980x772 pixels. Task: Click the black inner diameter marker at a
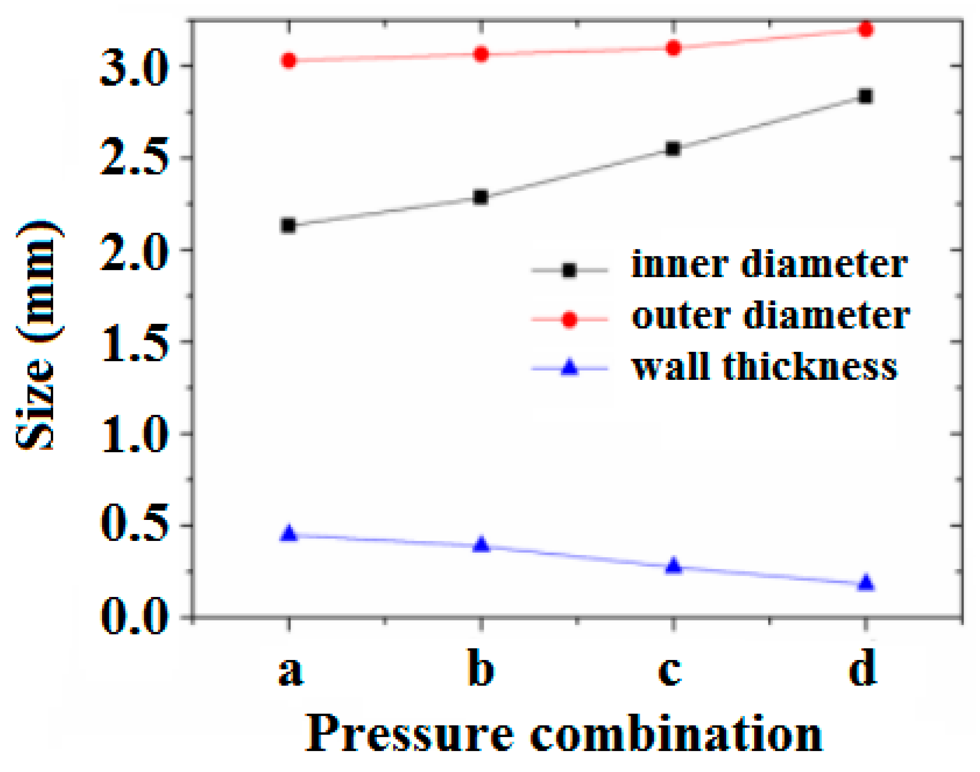pyautogui.click(x=288, y=225)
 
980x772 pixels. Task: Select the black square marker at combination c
pyautogui.click(x=673, y=149)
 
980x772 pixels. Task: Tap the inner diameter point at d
pyautogui.click(x=866, y=96)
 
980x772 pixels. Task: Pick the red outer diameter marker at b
pyautogui.click(x=481, y=54)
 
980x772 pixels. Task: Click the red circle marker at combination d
pyautogui.click(x=866, y=29)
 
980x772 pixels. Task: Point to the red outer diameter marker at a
pyautogui.click(x=288, y=60)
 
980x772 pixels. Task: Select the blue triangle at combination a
pyautogui.click(x=288, y=534)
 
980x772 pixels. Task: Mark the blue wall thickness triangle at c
pyautogui.click(x=673, y=565)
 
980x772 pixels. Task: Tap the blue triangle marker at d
pyautogui.click(x=866, y=583)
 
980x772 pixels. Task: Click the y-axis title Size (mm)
pyautogui.click(x=38, y=336)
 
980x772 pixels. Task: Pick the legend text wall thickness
pyautogui.click(x=764, y=368)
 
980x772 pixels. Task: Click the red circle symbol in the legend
pyautogui.click(x=569, y=319)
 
